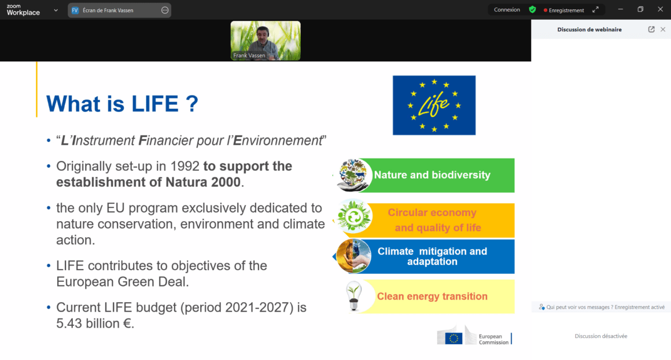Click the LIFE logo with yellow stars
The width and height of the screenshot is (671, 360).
point(434,105)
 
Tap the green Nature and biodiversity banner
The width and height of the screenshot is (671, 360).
point(432,175)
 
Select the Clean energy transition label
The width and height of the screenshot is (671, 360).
point(432,296)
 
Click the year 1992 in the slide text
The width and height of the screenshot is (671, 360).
point(185,166)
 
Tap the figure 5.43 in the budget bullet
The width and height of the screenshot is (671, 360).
point(73,324)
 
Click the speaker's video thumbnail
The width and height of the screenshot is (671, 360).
point(266,41)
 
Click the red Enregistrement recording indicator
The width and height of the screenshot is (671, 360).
point(564,10)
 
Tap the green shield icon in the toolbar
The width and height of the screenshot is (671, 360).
point(532,10)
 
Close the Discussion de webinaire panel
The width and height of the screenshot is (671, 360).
point(663,30)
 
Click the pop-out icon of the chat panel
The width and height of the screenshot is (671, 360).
point(651,30)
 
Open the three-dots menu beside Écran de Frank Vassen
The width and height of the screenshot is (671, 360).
point(165,10)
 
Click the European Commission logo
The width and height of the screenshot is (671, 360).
point(474,337)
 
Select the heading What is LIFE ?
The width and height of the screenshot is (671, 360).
point(122,104)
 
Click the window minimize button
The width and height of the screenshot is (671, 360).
point(621,9)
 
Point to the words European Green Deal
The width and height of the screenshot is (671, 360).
point(122,282)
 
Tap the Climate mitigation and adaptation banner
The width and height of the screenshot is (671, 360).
point(432,256)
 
